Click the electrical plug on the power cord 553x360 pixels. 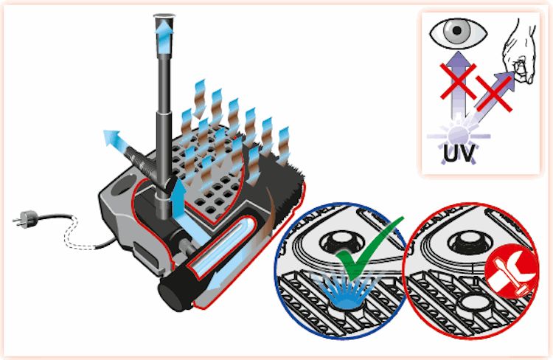pos(26,219)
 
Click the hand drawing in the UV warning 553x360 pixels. pos(520,53)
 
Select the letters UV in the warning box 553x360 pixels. pos(459,154)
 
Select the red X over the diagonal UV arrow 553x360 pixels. pos(494,93)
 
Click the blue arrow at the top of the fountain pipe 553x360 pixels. pos(164,35)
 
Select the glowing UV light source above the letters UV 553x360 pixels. pos(458,136)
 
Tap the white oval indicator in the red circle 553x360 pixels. pos(476,303)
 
